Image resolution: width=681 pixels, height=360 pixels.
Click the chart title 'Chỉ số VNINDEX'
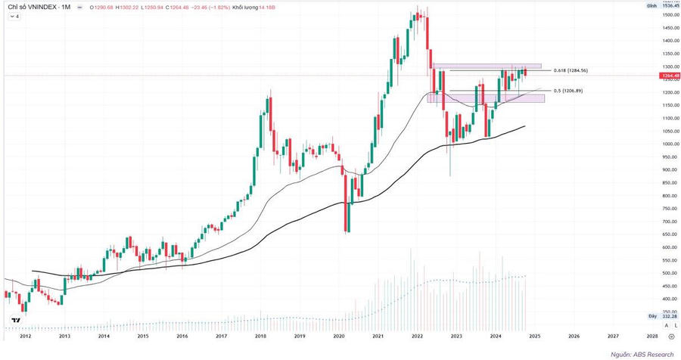[26, 6]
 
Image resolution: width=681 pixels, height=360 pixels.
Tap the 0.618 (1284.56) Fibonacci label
[571, 70]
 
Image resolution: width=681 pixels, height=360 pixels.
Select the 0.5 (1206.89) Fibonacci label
[567, 91]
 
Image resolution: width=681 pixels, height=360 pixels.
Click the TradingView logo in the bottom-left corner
[14, 321]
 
